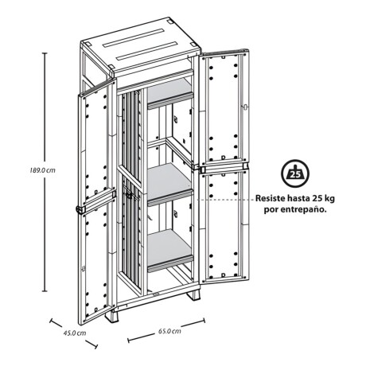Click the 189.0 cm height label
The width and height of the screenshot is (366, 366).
coord(42,170)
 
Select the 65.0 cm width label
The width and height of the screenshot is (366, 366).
coord(169,331)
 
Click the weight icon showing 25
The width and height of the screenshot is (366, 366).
coord(295,173)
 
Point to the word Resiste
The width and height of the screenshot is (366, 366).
coord(270,198)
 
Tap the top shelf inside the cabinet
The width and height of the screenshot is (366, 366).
coord(169,93)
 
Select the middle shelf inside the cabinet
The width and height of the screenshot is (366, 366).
coord(169,184)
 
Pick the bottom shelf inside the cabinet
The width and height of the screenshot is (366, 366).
coord(169,250)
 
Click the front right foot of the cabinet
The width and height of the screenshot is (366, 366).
coord(194,294)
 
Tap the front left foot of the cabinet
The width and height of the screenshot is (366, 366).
coord(111,317)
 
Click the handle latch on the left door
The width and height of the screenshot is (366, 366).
coord(80,209)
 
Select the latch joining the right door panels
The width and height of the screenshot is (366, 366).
coord(201,169)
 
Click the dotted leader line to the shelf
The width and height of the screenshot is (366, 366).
coord(225,200)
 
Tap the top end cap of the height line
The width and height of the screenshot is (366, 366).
coord(45,53)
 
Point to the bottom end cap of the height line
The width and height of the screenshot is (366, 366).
coord(45,291)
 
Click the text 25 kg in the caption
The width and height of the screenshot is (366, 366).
coord(323,198)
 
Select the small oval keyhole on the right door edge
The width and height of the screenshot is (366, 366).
coord(245,107)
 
